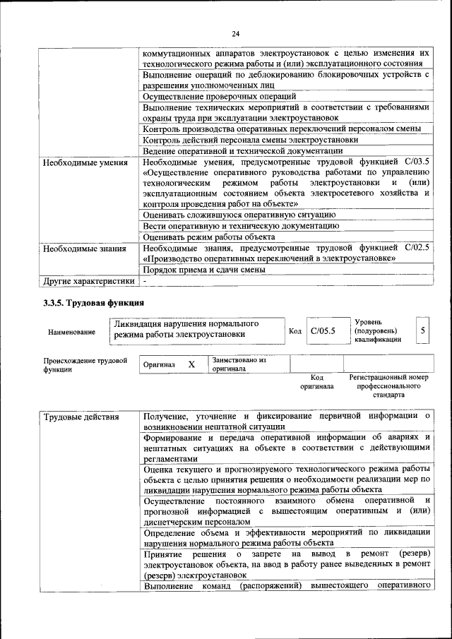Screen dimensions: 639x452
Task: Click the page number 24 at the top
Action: tap(235, 33)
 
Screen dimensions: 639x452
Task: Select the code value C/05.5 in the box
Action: tap(323, 330)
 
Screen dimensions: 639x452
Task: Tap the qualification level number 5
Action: tap(422, 330)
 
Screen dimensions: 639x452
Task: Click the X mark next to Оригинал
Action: tap(191, 364)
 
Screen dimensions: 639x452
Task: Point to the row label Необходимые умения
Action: tap(84, 162)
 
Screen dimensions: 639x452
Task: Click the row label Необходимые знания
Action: tap(84, 248)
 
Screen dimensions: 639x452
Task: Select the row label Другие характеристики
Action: tap(88, 281)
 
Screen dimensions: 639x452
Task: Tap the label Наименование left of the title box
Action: tap(71, 331)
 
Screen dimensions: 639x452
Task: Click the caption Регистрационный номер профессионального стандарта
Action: tap(388, 386)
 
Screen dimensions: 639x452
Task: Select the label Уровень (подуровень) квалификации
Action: tap(377, 330)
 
